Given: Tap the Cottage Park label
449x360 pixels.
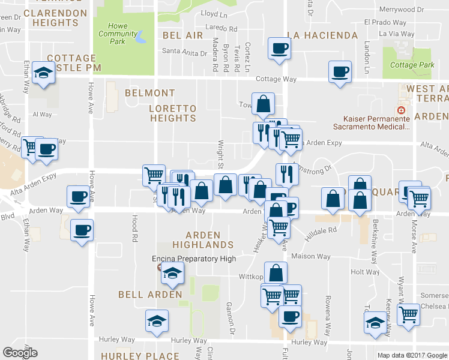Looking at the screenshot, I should pyautogui.click(x=411, y=65).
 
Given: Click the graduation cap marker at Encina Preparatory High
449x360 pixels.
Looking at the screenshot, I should pyautogui.click(x=172, y=272).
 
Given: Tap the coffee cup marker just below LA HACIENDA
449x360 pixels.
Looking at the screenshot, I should pyautogui.click(x=279, y=48).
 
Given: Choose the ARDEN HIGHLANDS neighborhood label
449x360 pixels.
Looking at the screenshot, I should pyautogui.click(x=203, y=240).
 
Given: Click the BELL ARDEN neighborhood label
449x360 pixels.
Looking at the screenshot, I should pyautogui.click(x=150, y=295).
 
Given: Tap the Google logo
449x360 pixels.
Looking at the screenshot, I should pyautogui.click(x=20, y=353).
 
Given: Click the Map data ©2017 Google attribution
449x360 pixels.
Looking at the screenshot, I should pyautogui.click(x=412, y=355).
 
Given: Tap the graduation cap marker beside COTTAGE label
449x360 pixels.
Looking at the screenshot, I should pyautogui.click(x=43, y=73).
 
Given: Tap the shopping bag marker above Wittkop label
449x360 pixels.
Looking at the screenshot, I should pyautogui.click(x=275, y=273).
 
